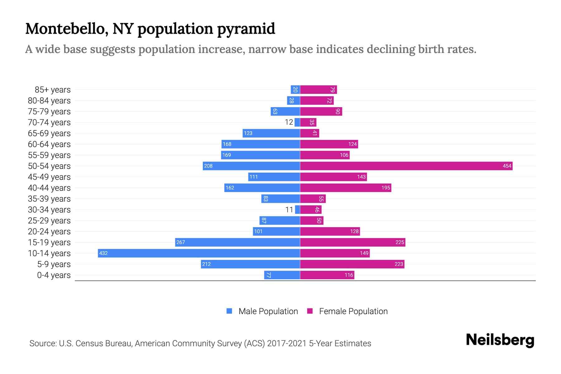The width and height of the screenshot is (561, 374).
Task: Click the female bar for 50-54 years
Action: pyautogui.click(x=406, y=166)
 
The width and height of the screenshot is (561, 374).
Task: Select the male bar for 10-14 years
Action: pyautogui.click(x=199, y=253)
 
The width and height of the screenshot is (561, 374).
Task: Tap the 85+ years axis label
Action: pyautogui.click(x=53, y=90)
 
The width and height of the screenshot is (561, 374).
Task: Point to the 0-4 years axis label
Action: pyautogui.click(x=54, y=275)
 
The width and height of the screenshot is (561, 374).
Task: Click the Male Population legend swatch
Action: pyautogui.click(x=229, y=311)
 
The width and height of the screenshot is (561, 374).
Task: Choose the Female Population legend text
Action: pyautogui.click(x=353, y=311)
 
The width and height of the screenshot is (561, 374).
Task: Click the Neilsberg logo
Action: pyautogui.click(x=500, y=340)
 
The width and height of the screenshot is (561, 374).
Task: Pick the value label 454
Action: pyautogui.click(x=507, y=166)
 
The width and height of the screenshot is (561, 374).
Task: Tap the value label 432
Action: pyautogui.click(x=103, y=253)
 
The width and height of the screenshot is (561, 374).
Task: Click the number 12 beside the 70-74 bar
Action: pyautogui.click(x=289, y=122)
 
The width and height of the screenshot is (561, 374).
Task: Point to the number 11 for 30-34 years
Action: pyautogui.click(x=289, y=210)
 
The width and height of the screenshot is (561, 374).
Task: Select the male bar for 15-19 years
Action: pyautogui.click(x=237, y=242)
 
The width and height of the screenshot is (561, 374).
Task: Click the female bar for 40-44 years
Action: pyautogui.click(x=345, y=188)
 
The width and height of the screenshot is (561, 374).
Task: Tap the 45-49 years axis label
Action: pyautogui.click(x=49, y=177)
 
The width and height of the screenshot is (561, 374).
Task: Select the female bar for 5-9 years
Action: pyautogui.click(x=352, y=264)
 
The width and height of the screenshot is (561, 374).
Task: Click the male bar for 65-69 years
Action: pyautogui.click(x=271, y=133)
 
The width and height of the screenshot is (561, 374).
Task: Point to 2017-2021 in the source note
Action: pyautogui.click(x=287, y=343)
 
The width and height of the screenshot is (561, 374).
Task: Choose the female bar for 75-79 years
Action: pyautogui.click(x=321, y=111)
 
